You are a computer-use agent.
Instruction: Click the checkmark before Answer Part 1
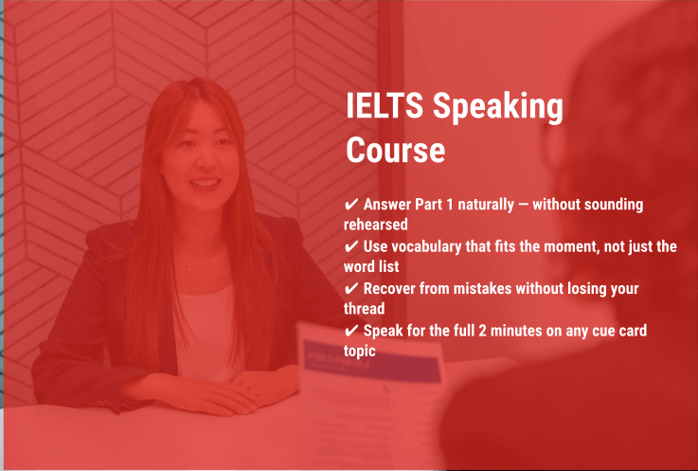[x=351, y=205]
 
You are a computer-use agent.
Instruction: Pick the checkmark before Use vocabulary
[x=351, y=246]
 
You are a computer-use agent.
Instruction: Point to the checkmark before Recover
[x=351, y=288]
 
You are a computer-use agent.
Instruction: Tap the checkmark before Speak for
[x=351, y=330]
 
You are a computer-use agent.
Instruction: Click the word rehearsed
[x=376, y=225]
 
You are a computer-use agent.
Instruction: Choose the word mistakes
[x=499, y=288]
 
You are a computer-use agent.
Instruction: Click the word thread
[x=365, y=308]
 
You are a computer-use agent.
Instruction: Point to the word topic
[x=360, y=350]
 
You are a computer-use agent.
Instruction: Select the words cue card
[x=640, y=330]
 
